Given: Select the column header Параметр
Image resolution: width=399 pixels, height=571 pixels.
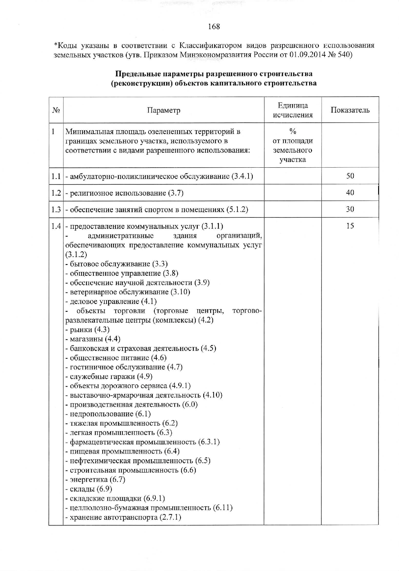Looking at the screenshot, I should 164,110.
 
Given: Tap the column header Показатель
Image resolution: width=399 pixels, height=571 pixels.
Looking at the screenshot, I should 350,110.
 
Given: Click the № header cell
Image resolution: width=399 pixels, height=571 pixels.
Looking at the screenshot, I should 56,110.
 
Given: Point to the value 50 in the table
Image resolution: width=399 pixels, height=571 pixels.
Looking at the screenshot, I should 350,176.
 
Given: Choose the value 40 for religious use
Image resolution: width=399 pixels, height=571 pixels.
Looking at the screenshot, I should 350,193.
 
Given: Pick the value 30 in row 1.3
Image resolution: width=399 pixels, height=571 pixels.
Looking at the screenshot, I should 350,209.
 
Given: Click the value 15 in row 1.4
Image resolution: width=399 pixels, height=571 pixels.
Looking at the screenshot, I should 350,226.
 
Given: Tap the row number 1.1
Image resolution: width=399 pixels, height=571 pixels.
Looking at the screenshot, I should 56,176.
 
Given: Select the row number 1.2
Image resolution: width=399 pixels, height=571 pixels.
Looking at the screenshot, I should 56,193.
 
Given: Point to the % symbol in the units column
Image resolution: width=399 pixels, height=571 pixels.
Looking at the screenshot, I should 292,132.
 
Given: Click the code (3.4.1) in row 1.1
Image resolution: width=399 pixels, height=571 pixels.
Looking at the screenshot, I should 242,176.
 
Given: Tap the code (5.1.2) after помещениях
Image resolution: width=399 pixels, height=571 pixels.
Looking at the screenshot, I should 237,210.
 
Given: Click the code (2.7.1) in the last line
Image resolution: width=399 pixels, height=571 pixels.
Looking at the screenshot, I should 170,517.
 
